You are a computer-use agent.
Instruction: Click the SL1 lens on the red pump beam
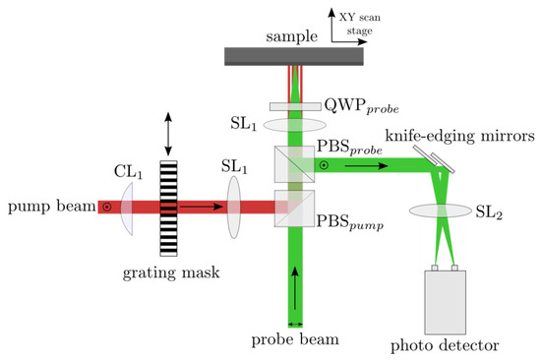click(x=235, y=208)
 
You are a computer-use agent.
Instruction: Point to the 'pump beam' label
click(x=48, y=208)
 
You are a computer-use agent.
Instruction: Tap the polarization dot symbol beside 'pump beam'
click(x=105, y=208)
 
